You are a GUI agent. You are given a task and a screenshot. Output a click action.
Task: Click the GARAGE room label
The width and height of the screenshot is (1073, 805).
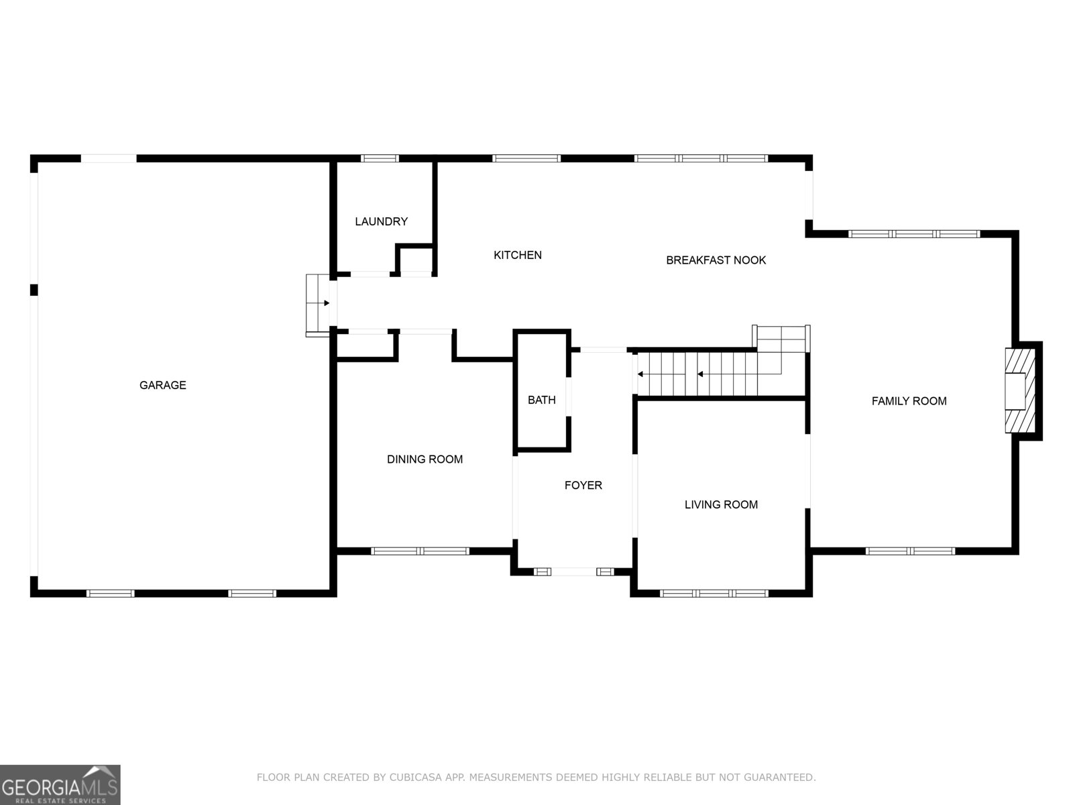162,385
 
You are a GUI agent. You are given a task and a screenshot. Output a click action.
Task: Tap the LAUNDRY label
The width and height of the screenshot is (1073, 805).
381,221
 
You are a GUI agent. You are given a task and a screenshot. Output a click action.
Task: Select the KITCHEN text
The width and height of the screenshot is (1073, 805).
517,255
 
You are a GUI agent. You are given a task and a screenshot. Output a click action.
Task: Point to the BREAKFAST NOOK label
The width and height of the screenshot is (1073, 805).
716,260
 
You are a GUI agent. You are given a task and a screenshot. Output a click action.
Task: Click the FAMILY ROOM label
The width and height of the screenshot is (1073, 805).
909,401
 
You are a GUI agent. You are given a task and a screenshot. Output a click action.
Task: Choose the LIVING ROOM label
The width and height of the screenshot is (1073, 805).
721,504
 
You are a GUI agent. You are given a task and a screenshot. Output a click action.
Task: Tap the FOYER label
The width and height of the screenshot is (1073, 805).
583,485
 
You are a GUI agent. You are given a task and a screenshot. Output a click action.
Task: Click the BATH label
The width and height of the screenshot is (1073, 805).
541,400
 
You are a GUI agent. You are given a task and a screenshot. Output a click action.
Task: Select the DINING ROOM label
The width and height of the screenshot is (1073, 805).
425,460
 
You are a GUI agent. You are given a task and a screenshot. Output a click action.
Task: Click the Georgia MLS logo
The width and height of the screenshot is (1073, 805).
60,785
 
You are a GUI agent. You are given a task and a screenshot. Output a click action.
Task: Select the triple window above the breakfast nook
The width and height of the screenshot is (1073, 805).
701,159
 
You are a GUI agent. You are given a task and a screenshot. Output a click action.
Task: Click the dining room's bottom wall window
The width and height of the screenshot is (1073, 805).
420,551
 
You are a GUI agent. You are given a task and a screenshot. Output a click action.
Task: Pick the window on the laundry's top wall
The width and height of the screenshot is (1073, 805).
380,159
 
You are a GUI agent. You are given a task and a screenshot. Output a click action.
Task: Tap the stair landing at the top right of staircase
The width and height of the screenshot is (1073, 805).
782,339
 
